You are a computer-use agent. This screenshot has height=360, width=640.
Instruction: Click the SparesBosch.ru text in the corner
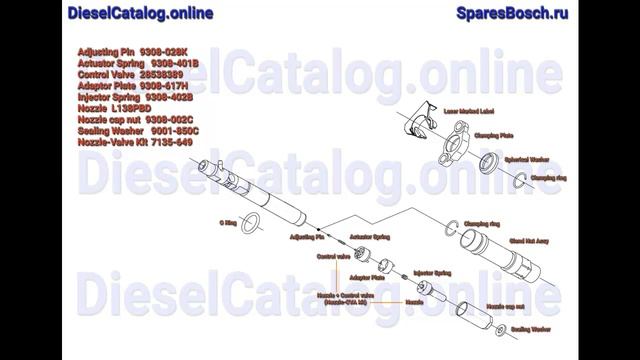(x=512, y=13)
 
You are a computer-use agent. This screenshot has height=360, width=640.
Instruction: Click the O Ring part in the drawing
(x=255, y=221)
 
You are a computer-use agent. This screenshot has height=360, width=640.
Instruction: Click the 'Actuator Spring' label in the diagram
(x=366, y=237)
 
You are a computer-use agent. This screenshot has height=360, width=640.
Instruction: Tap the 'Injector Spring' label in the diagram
(x=433, y=271)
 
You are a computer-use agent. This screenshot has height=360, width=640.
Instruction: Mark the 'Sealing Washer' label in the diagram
(x=531, y=328)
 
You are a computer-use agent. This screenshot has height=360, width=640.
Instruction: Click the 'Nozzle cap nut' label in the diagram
(x=505, y=306)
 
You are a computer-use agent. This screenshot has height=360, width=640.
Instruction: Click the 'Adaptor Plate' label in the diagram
(x=366, y=277)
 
